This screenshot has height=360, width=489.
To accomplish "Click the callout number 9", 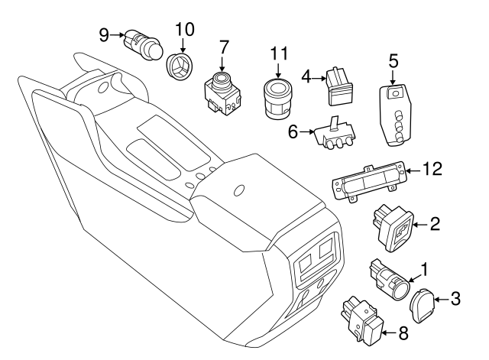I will [x=104, y=34].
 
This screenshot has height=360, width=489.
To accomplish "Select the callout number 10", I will [x=184, y=30].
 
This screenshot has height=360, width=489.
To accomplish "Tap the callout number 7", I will [x=223, y=47].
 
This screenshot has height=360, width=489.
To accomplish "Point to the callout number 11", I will [x=280, y=54].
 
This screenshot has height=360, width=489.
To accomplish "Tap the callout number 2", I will [x=434, y=224].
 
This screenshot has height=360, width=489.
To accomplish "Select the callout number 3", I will [x=455, y=299].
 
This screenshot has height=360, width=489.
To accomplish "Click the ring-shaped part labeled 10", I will [x=181, y=67].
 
